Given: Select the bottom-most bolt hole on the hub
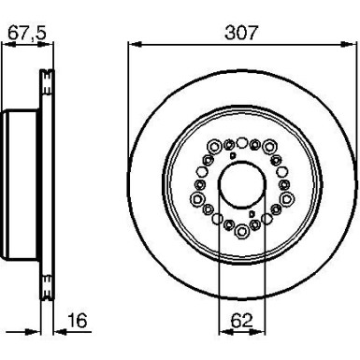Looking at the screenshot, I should point(241,229).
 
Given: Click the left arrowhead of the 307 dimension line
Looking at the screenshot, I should point(131,43).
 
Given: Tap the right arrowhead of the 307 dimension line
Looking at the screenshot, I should point(352,43).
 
